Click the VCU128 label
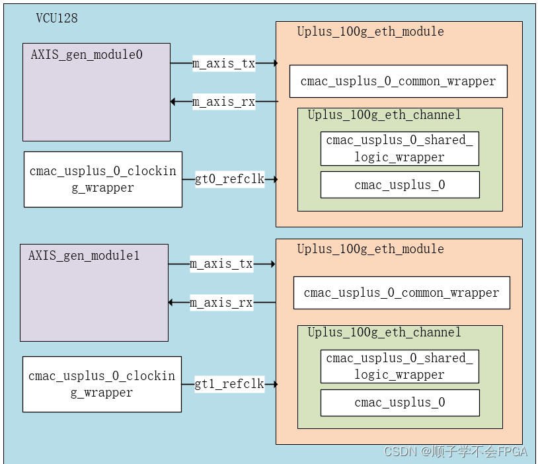(56, 18)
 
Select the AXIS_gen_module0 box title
(87, 55)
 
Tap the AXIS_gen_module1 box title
(84, 256)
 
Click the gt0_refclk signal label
(229, 179)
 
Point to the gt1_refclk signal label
(229, 384)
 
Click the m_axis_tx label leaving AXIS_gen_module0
(223, 63)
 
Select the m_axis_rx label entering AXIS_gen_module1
(221, 303)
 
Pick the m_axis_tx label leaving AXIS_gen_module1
(221, 264)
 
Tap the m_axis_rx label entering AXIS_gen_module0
(223, 102)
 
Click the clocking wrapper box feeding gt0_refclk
(103, 179)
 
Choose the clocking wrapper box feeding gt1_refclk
(102, 384)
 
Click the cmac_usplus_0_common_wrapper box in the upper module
(398, 81)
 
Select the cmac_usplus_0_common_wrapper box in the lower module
(401, 293)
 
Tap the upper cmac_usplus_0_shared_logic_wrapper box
(399, 149)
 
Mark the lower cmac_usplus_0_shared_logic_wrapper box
(399, 366)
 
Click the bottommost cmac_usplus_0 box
(399, 403)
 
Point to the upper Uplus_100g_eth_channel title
(384, 115)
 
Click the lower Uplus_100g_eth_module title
(370, 249)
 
